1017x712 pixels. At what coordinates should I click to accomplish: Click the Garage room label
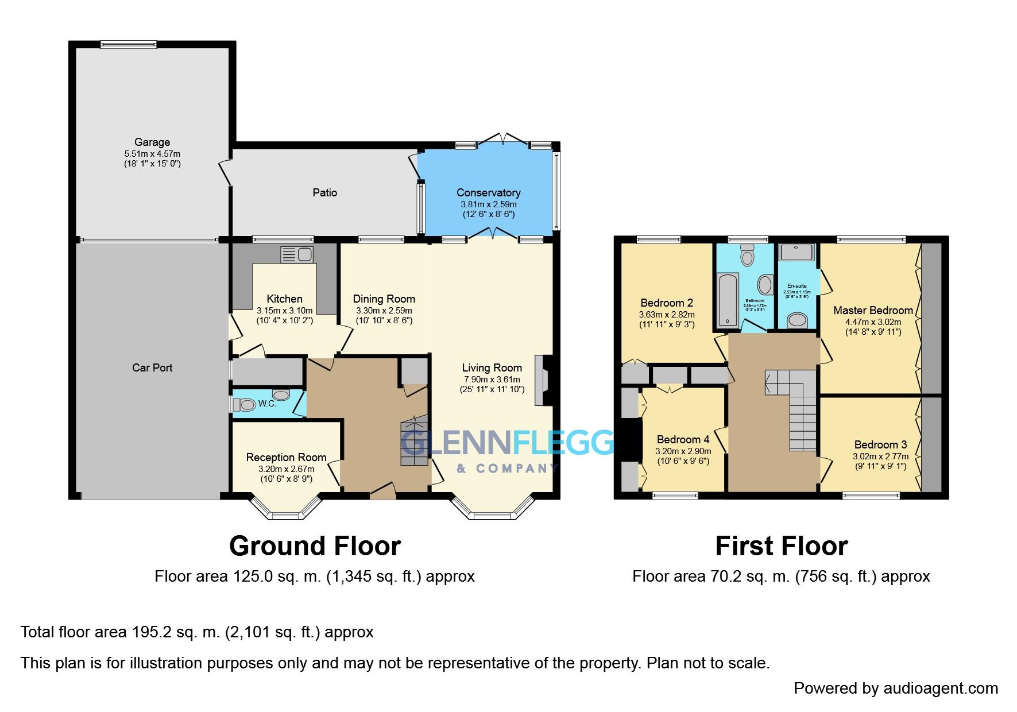click(x=152, y=142)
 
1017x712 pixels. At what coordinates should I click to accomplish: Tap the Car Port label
click(x=152, y=367)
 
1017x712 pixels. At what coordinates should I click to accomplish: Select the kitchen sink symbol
click(x=296, y=254)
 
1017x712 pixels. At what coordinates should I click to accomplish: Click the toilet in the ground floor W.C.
click(x=245, y=405)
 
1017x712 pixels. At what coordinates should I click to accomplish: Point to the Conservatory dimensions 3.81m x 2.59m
click(x=488, y=204)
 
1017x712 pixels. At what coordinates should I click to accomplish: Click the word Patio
click(x=324, y=192)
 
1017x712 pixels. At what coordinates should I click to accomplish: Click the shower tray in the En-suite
click(x=796, y=253)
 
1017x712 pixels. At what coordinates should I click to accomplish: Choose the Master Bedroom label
click(x=873, y=310)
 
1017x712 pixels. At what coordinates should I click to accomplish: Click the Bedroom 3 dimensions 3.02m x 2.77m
click(x=880, y=456)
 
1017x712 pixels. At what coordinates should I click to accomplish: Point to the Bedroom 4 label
click(x=683, y=439)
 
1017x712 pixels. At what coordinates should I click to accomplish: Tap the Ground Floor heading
click(x=315, y=546)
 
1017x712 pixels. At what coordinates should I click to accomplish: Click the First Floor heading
click(x=781, y=546)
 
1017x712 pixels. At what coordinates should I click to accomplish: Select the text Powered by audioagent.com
click(x=896, y=688)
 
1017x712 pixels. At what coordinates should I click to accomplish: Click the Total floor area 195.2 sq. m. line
click(x=197, y=632)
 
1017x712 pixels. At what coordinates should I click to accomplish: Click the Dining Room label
click(x=384, y=299)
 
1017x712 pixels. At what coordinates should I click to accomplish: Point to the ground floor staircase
click(x=415, y=442)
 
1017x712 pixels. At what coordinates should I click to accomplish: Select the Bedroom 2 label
click(x=667, y=303)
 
